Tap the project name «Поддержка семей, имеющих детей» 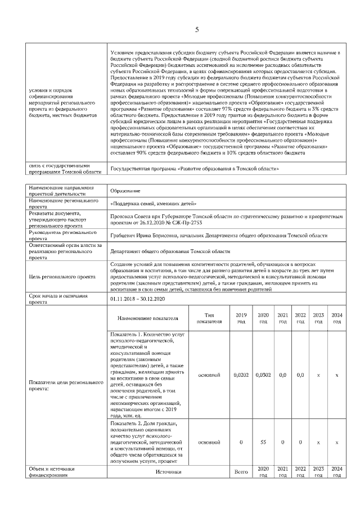click(x=154, y=203)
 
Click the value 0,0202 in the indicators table click(x=240, y=373)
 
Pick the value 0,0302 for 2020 click(x=263, y=373)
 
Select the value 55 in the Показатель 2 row click(x=263, y=442)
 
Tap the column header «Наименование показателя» click(x=147, y=318)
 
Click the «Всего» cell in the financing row click(x=241, y=471)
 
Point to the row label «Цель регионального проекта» click(x=62, y=277)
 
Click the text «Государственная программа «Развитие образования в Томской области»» click(x=195, y=168)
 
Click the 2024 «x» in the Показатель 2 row click(x=336, y=442)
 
